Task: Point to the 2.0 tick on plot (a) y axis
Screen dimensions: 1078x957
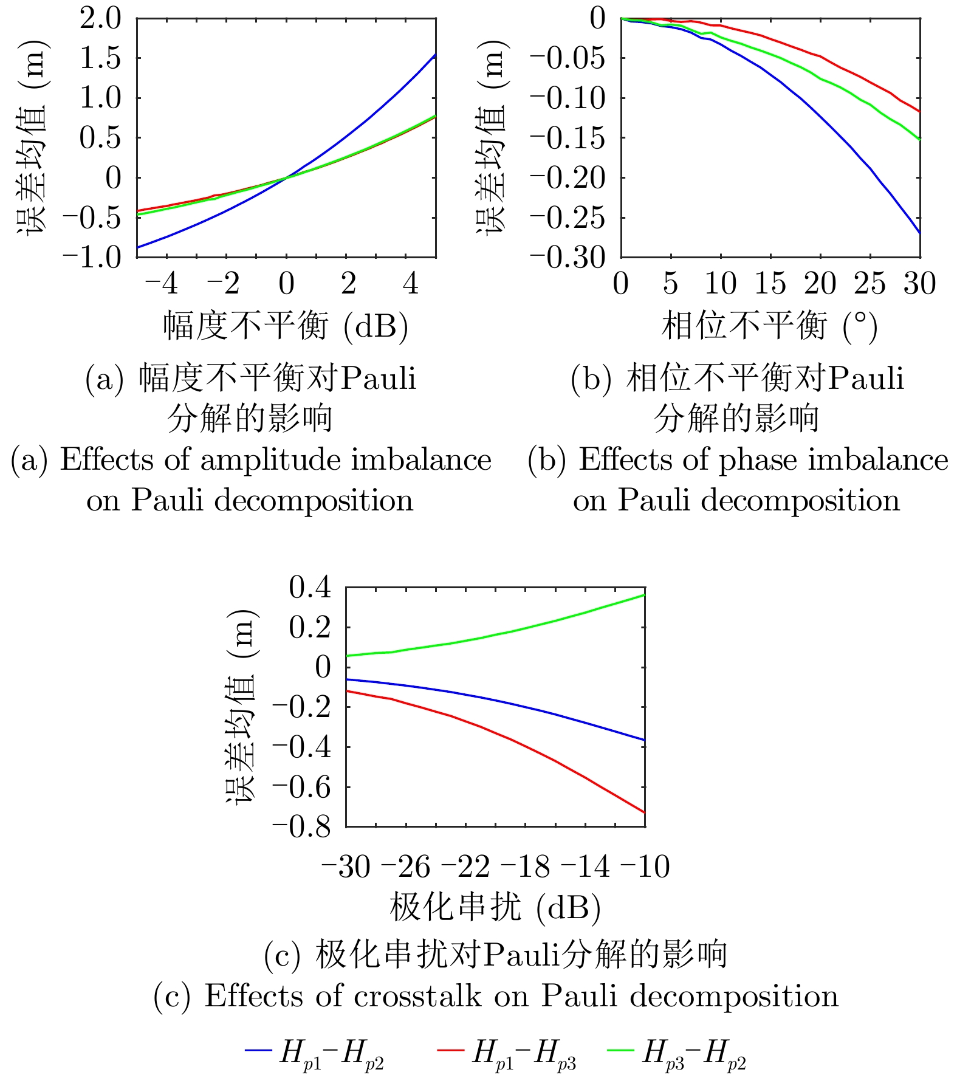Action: (x=100, y=18)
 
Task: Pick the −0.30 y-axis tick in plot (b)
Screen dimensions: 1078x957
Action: (x=568, y=257)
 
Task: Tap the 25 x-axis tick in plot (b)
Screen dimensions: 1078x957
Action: (x=870, y=284)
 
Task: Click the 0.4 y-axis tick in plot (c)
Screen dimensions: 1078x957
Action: (x=310, y=587)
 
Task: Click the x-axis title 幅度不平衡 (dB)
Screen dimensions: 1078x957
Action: (x=286, y=326)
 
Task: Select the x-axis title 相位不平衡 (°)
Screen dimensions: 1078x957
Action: (x=769, y=326)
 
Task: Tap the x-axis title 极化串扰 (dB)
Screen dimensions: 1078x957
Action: (x=495, y=907)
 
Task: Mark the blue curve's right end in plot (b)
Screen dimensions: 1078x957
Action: (x=920, y=233)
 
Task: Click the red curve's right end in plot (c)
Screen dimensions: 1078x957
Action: (x=644, y=812)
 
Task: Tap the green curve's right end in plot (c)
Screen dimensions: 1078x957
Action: (x=644, y=595)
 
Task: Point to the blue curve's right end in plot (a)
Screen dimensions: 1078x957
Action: (x=436, y=55)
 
